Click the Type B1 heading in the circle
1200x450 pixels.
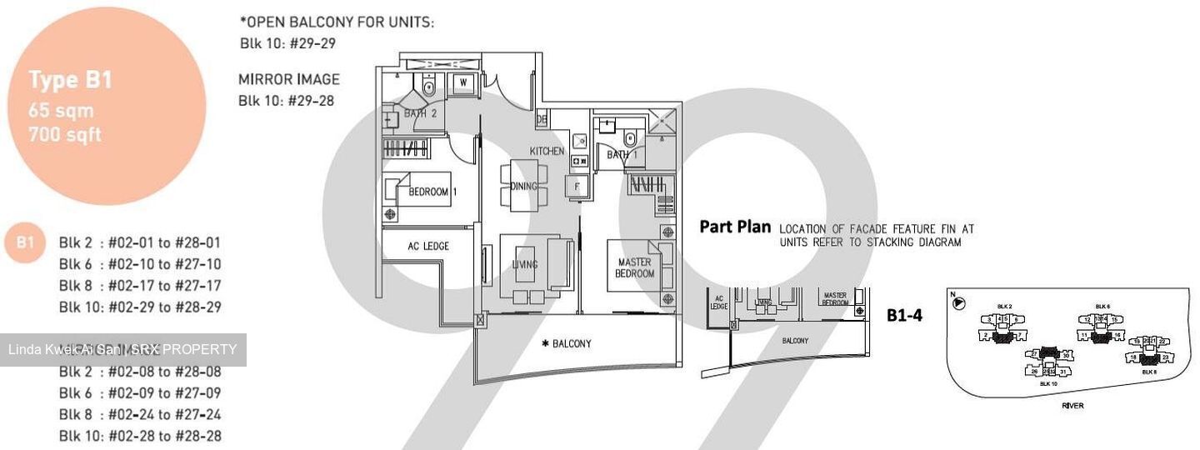70,80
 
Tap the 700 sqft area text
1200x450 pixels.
65,133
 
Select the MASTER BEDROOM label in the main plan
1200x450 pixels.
635,268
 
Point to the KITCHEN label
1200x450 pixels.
547,151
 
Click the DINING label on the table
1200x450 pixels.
523,186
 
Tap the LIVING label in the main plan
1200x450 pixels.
525,264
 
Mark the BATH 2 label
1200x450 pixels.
420,113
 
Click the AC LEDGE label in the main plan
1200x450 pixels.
428,246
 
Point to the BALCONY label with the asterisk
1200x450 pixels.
566,343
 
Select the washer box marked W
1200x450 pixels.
461,82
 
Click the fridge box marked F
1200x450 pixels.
577,186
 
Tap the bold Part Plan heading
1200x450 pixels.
735,227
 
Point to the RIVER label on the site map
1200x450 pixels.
1072,406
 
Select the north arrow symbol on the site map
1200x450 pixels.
958,303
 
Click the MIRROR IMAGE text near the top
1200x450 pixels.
288,79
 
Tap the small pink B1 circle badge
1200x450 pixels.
25,242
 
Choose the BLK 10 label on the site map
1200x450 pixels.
1049,383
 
